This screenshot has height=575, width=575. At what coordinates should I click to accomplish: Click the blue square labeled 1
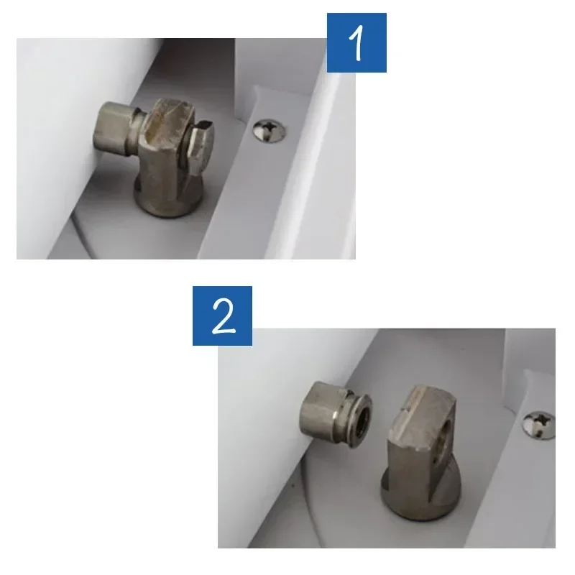(x=356, y=42)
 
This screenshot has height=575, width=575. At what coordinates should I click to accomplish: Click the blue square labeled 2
(x=222, y=316)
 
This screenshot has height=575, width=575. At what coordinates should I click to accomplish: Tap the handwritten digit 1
(x=356, y=43)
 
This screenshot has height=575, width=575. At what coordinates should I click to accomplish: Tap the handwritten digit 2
(x=223, y=316)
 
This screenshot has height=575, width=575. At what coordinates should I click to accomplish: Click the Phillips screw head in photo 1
(x=269, y=131)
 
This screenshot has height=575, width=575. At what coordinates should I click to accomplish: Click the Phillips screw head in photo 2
(x=538, y=425)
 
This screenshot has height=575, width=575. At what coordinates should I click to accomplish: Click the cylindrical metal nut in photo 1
(x=113, y=129)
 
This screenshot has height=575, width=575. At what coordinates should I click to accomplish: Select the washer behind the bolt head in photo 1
(x=185, y=147)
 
